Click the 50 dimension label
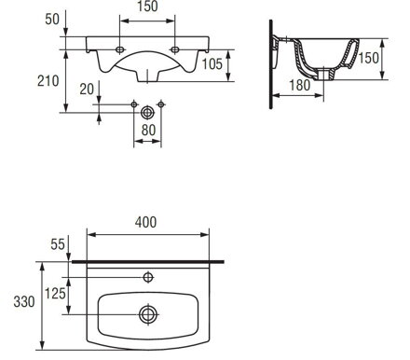tap(52, 20)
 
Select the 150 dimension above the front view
tap(147, 7)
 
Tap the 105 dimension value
tap(212, 64)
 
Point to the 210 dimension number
tap(48, 81)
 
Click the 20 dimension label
tap(87, 90)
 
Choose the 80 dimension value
tap(148, 130)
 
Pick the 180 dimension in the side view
tap(300, 86)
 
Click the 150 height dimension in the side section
tap(369, 58)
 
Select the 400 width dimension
tap(146, 222)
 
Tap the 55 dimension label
tap(58, 244)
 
